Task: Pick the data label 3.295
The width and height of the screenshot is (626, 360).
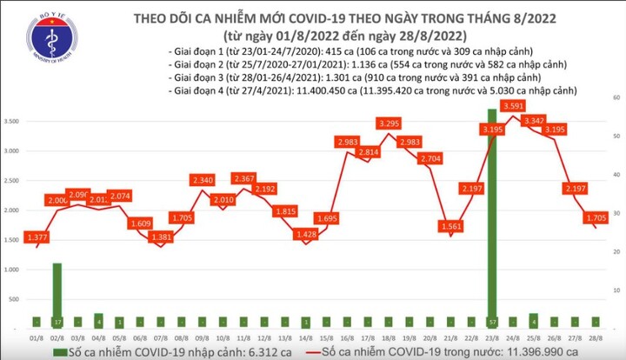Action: (x=388, y=123)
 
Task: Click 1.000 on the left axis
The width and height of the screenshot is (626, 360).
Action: (x=15, y=270)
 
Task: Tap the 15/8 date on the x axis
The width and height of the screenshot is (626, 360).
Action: (x=327, y=338)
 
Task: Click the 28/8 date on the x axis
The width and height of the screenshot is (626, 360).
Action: (x=595, y=338)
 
